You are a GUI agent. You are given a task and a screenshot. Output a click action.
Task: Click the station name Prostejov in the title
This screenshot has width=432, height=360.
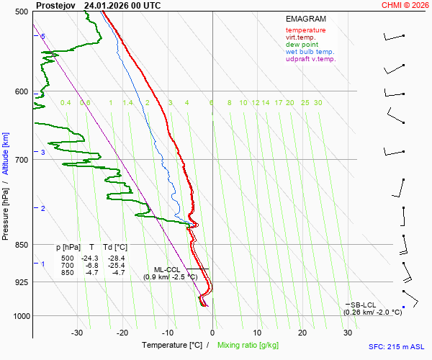[55, 5]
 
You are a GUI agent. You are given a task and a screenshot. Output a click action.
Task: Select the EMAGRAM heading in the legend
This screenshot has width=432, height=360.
[305, 18]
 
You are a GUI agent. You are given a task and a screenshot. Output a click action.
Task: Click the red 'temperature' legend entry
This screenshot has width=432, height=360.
[305, 30]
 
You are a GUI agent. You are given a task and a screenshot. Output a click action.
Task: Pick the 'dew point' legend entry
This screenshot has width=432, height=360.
[302, 45]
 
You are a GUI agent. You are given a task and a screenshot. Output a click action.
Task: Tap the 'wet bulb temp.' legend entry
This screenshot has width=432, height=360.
[310, 52]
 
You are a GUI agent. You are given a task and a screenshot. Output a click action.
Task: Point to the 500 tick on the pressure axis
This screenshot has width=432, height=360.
[21, 12]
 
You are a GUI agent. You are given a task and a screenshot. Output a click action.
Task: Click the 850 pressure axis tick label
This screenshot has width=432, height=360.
[21, 245]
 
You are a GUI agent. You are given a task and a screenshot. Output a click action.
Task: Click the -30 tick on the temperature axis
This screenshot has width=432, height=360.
[77, 333]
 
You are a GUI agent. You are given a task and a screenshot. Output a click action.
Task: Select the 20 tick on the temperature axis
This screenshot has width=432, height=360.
[302, 333]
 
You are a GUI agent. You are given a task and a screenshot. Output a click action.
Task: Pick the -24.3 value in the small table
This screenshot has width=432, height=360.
[90, 258]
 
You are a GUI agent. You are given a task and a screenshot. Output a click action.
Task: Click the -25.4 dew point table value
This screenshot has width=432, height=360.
[116, 266]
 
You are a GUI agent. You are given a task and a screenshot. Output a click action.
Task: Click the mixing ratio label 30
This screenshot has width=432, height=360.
[318, 103]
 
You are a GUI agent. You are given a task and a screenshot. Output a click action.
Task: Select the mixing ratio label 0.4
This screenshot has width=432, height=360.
[66, 103]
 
